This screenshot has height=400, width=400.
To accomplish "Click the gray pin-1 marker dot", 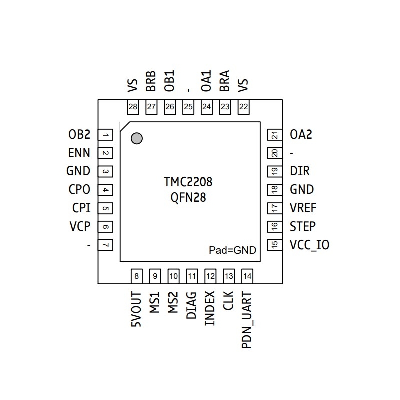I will point(137,138).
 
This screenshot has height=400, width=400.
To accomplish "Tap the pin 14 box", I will point(247,276).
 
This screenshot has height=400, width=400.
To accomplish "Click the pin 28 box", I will point(133,107).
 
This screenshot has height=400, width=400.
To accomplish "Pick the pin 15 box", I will point(274,245).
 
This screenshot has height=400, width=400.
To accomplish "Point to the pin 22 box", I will point(243,107).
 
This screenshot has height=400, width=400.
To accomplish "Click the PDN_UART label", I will point(247,320).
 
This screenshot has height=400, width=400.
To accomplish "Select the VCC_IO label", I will point(310,245).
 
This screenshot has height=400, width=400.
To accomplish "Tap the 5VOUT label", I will point(136,310).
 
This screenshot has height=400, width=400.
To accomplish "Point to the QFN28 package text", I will point(188,198).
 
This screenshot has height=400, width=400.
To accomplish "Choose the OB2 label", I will point(79,135).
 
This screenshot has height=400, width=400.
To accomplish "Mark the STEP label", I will point(303,226).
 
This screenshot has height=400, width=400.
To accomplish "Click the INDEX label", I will point(210,308).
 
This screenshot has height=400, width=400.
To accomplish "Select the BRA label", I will point(225,81).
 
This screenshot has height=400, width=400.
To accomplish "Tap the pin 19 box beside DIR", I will point(274,171).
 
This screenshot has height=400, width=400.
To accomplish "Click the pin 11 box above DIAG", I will point(192,276).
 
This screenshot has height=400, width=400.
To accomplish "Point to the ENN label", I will point(79,153).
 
